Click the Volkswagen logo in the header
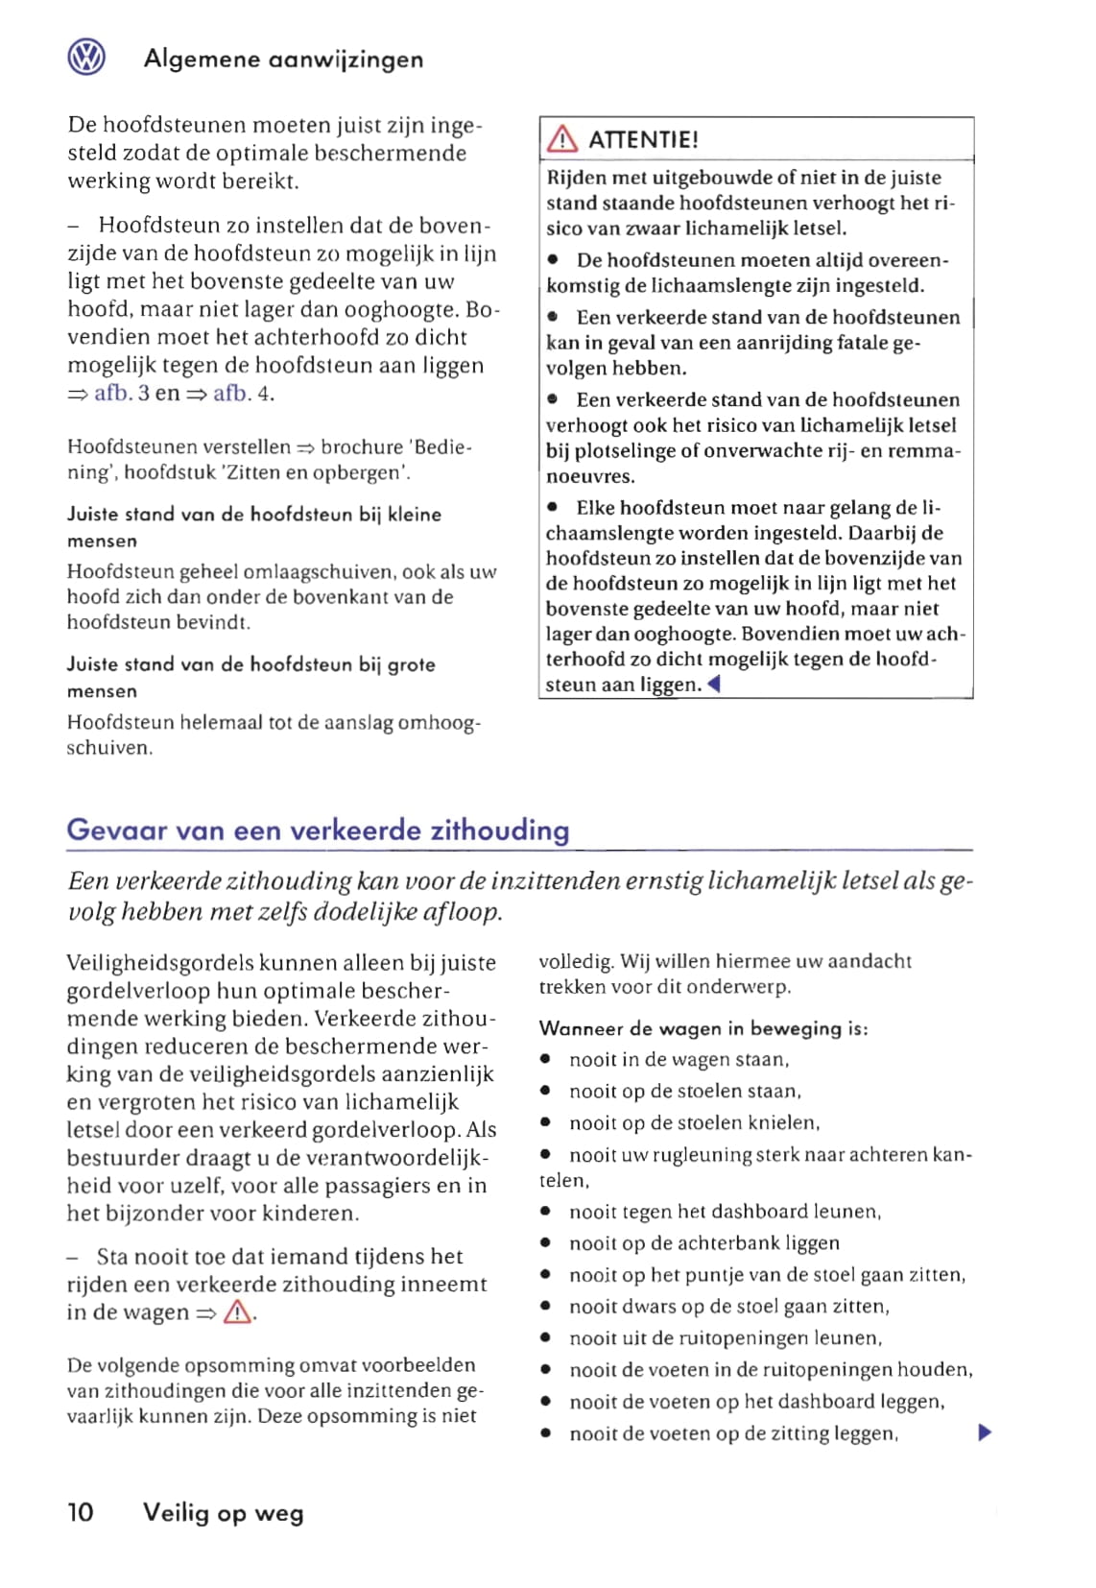point(86,58)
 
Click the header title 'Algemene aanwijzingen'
point(283,60)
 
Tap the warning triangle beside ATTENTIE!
point(561,140)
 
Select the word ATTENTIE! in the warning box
point(643,140)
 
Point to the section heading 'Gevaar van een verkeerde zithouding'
point(318,830)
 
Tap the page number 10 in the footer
point(81,1513)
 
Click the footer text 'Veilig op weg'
point(223,1514)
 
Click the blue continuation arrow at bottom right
point(984,1433)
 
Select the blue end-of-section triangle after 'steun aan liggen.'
point(713,685)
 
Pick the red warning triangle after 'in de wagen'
point(237,1312)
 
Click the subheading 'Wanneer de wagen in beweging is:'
point(703,1028)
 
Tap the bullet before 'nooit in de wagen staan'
point(545,1060)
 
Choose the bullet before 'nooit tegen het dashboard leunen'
point(545,1212)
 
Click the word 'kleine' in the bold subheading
point(415,515)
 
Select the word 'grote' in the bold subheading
point(411,664)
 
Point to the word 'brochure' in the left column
point(362,447)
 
